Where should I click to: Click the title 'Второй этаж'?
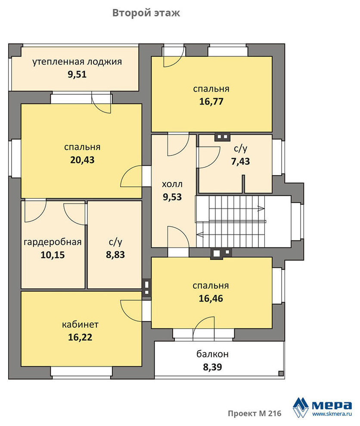coord(146,13)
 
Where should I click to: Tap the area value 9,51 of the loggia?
coord(77,74)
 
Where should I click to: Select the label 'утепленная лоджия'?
coord(77,62)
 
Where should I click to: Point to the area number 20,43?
coord(82,160)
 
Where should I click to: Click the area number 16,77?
coord(211,102)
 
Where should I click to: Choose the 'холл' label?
coord(172,185)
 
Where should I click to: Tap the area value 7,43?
coord(240,161)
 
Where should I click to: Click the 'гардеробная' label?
coord(53,242)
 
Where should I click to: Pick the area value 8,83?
coord(115,255)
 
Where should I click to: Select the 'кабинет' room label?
coord(80,324)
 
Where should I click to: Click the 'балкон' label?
coord(213,354)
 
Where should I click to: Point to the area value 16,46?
coord(211,299)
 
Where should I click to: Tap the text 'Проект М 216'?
coord(254,414)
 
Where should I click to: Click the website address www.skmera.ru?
coord(332,414)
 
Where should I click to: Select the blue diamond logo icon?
coord(301,407)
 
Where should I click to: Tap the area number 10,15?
coord(53,255)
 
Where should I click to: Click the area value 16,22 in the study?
coord(80,337)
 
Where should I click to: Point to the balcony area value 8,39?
coord(213,367)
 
